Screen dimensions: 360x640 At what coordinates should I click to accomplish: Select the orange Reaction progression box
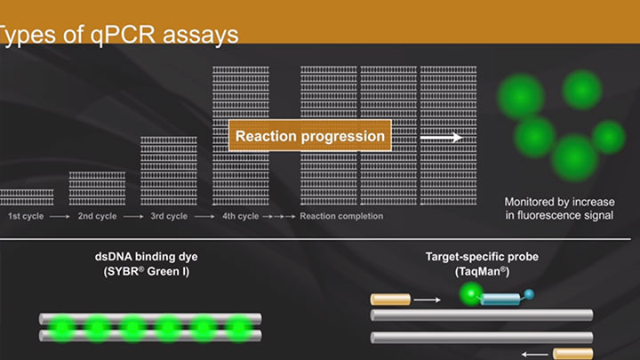tap(310, 137)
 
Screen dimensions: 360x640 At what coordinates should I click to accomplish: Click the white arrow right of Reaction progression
tap(440, 138)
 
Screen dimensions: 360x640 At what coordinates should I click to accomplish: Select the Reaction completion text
tap(341, 216)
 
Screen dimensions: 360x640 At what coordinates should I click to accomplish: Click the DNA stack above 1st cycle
tap(27, 196)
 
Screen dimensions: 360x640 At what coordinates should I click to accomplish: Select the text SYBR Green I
tap(144, 271)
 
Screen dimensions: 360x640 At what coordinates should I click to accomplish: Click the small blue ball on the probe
tap(531, 294)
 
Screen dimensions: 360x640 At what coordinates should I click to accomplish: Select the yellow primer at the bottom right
tap(572, 353)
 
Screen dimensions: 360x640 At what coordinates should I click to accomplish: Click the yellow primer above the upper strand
tap(390, 300)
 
